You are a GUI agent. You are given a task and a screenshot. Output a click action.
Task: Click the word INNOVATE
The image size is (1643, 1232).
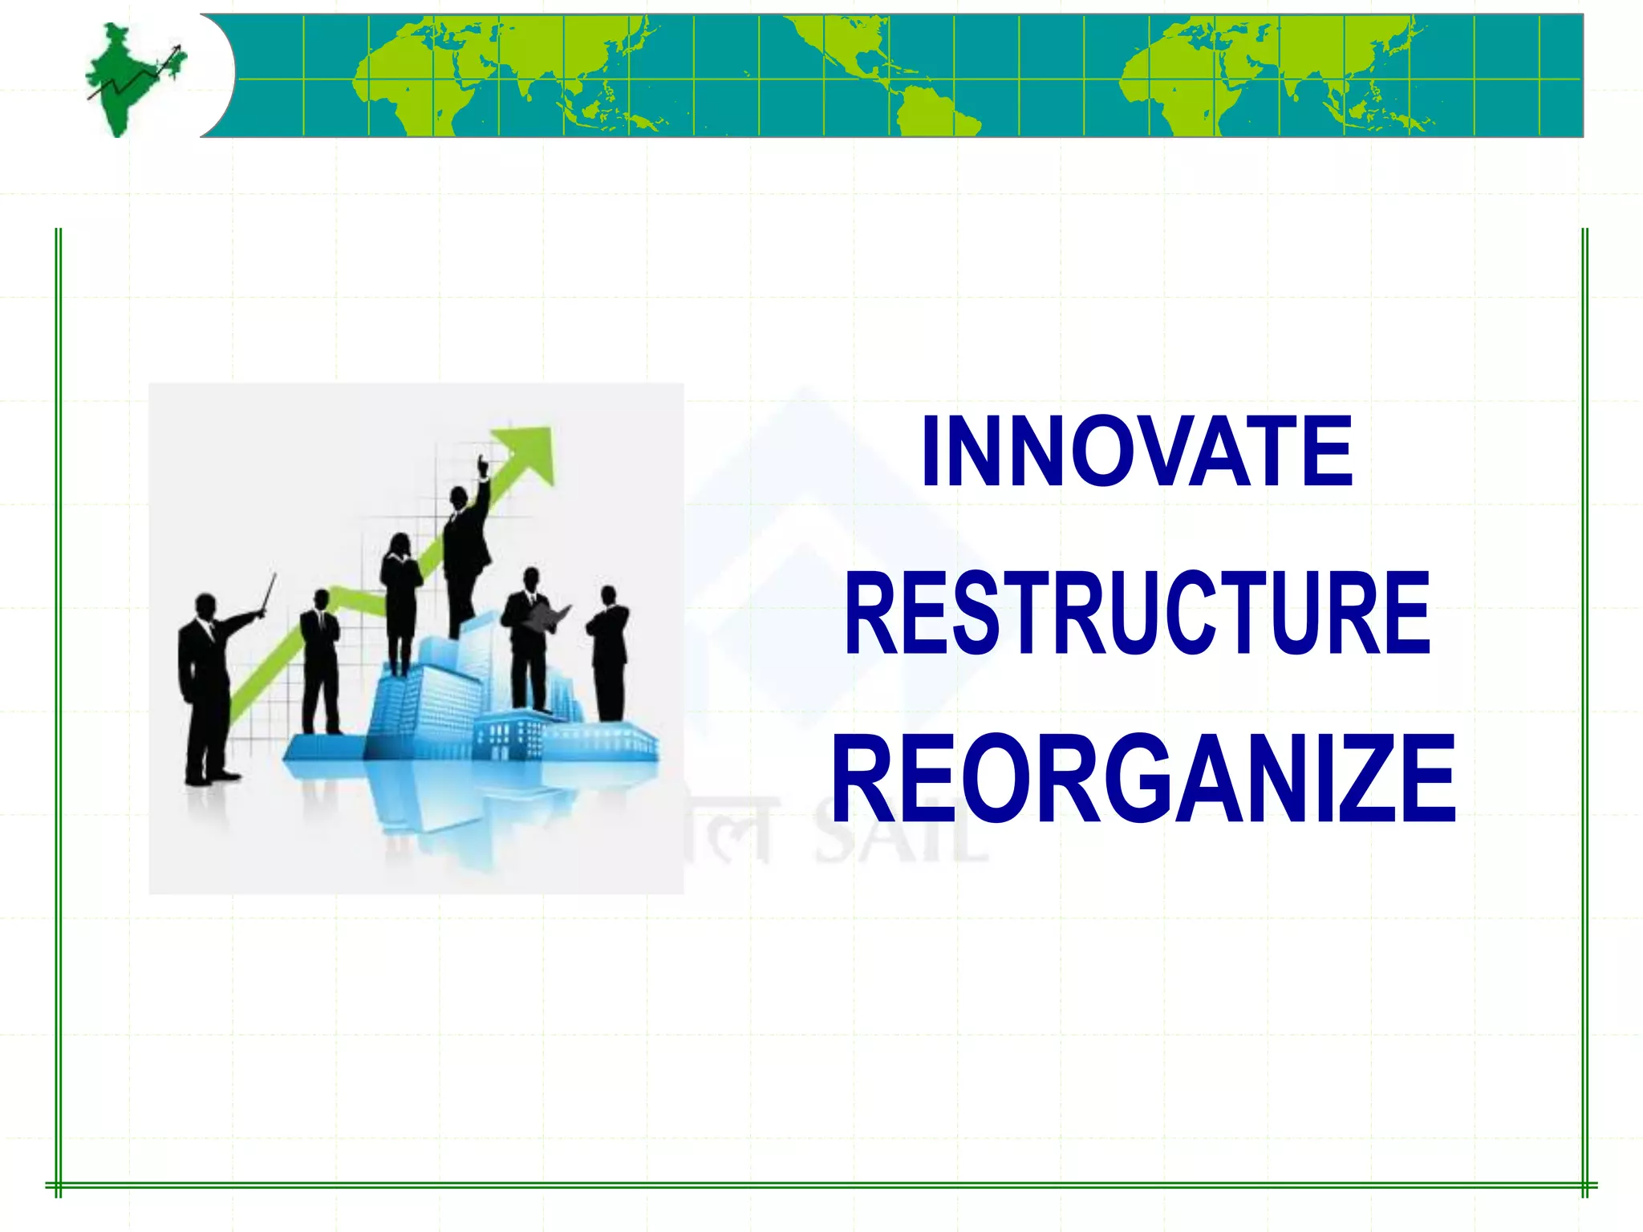coord(1137,451)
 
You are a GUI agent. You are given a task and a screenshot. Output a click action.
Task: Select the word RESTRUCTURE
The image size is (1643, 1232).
coord(1138,613)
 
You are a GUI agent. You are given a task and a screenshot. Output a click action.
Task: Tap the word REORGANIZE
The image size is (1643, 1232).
coord(1143,779)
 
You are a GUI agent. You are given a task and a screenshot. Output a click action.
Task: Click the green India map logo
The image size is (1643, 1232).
coord(132,79)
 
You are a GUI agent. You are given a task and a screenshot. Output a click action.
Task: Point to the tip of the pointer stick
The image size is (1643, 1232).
coord(274,575)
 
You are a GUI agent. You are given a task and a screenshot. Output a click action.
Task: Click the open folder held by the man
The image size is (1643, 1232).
coord(551,617)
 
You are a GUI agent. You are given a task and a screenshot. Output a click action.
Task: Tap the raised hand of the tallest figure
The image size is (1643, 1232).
coord(482,465)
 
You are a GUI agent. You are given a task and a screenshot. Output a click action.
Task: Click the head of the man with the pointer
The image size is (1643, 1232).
coord(205,606)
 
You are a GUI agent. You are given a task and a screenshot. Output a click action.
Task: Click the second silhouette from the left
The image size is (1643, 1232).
coord(320,662)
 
